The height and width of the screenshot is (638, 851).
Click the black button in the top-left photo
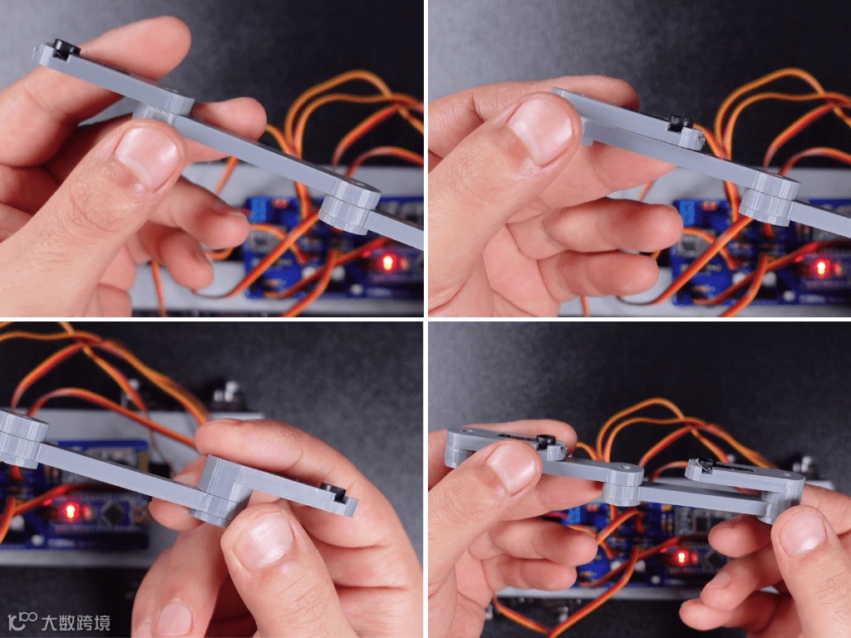click(x=66, y=47)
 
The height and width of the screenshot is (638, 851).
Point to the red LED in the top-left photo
click(x=387, y=263)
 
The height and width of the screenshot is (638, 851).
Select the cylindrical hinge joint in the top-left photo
click(x=349, y=207)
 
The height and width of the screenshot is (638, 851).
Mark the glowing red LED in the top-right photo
click(x=820, y=268)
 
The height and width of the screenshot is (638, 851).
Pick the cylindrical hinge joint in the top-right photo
click(x=769, y=199)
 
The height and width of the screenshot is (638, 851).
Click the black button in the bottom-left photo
click(x=332, y=492)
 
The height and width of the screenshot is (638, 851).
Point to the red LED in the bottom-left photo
click(x=70, y=511)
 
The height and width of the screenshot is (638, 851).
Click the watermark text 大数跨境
click(x=76, y=622)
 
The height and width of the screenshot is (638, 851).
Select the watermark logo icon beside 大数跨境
click(x=22, y=621)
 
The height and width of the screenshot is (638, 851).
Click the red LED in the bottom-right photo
click(x=680, y=557)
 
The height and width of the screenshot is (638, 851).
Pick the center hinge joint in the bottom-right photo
click(x=622, y=484)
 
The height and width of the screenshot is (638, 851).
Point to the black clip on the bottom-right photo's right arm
click(x=706, y=464)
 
